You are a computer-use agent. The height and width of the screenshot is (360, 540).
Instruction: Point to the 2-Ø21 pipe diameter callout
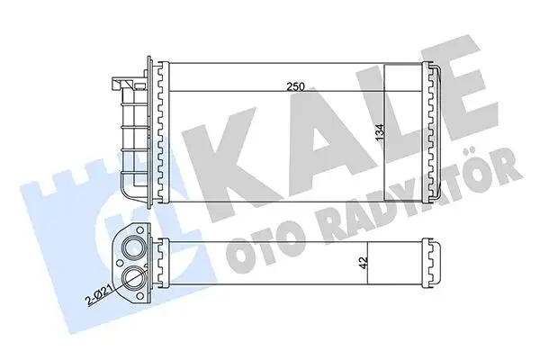[98, 293]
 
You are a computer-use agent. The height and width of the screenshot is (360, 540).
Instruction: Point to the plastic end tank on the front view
[131, 135]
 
